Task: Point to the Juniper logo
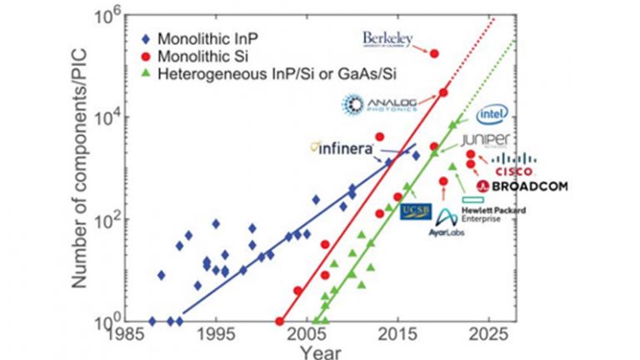tap(496, 139)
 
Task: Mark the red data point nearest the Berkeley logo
tap(434, 53)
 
